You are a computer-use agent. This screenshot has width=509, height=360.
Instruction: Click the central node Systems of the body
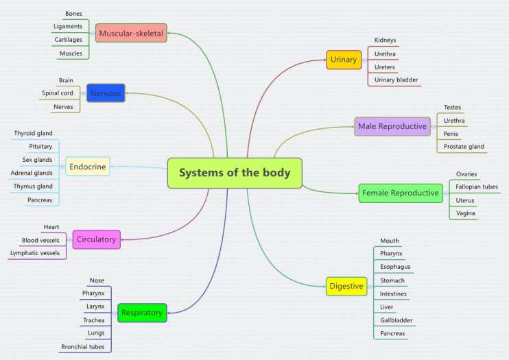235,173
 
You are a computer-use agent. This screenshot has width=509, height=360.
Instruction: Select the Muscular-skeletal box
131,33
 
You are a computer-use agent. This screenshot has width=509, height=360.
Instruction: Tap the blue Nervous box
106,93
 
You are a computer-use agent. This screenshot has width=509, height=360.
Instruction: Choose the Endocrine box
87,166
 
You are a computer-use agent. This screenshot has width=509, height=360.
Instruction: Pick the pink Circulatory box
96,239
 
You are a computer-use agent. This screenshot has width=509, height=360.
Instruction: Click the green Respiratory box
142,313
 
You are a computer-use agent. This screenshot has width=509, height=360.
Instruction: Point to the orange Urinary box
344,60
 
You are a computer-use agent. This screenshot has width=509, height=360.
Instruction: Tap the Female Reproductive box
400,193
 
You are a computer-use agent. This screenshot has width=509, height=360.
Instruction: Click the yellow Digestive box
346,286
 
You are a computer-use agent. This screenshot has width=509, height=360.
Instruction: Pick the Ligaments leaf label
68,27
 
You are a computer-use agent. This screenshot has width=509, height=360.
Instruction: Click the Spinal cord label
58,93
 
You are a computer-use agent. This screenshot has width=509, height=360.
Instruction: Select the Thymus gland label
33,187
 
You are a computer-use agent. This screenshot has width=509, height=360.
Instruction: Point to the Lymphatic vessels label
34,253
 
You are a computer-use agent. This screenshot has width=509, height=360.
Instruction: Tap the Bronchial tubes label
82,346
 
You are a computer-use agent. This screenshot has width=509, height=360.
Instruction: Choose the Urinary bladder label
396,80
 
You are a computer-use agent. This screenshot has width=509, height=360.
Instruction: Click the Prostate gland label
464,146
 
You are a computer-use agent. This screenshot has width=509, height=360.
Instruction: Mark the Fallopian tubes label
477,187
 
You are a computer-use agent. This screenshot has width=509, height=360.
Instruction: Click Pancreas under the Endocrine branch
39,200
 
